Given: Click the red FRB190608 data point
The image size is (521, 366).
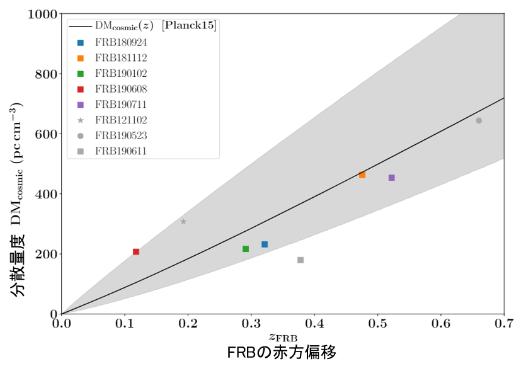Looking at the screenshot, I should point(136,252).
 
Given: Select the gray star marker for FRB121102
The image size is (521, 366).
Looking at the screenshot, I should point(183,221).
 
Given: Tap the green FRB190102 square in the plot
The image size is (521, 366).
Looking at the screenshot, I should point(246,249).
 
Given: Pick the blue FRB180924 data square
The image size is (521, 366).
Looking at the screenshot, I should point(265,244).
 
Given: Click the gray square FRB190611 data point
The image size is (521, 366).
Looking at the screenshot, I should point(301,260).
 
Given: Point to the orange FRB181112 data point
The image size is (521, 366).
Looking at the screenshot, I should point(362,175).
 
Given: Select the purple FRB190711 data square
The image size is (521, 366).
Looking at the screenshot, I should point(392,178).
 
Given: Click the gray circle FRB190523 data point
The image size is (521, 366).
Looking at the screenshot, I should point(479,120).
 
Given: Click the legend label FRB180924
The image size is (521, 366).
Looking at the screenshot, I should point(121,43).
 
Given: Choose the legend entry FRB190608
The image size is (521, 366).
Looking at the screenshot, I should point(121,89).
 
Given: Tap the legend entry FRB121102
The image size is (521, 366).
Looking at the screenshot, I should point(121,120).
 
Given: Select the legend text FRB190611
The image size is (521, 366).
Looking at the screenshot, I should point(121,151).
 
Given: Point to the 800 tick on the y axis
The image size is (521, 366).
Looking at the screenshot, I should point(45,74).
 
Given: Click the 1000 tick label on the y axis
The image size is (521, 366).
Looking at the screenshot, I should point(42,14).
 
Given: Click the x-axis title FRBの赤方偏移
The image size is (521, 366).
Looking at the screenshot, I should point(286,352).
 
